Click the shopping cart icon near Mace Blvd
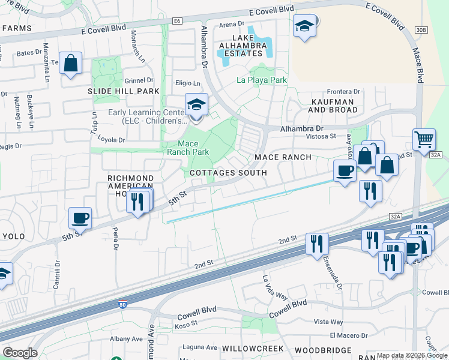click(424, 139)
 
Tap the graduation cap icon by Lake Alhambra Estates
click(305, 26)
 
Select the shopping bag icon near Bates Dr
click(70, 63)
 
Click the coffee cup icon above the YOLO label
click(80, 218)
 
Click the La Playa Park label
click(261, 79)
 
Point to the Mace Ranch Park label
click(193, 148)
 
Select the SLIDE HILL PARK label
click(124, 91)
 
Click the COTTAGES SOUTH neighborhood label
click(228, 173)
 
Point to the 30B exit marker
click(421, 29)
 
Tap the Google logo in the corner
click(20, 353)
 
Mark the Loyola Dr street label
click(113, 140)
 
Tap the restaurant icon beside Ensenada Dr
click(316, 244)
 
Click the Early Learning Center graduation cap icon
click(196, 104)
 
